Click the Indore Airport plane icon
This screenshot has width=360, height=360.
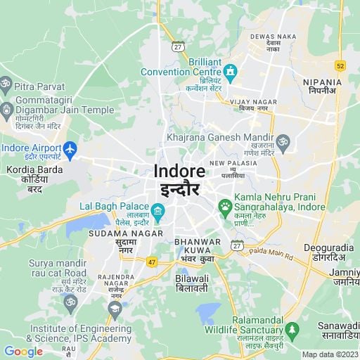click(70, 149)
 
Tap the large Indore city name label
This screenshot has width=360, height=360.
click(179, 172)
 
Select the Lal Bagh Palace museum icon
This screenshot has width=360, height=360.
click(158, 211)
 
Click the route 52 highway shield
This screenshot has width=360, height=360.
click(340, 65)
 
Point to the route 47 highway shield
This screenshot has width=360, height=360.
click(151, 262)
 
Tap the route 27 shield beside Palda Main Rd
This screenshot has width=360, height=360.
click(237, 245)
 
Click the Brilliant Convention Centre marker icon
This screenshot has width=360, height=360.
click(230, 71)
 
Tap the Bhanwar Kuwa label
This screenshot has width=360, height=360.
click(197, 242)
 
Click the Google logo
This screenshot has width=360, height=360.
click(23, 352)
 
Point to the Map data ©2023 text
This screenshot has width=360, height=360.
click(330, 354)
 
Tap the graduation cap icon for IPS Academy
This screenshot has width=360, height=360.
click(114, 308)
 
